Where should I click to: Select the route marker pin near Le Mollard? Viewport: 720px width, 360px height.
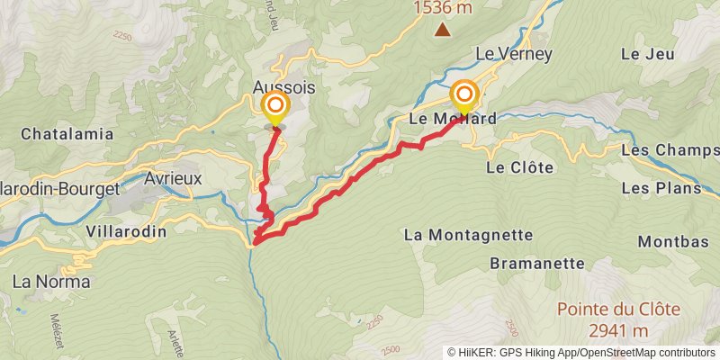[464, 95]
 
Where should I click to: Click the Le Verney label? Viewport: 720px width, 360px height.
[513, 54]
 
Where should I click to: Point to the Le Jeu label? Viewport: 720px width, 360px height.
[647, 54]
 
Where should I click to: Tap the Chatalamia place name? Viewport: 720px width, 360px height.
[67, 134]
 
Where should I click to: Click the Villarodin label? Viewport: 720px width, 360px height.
[126, 231]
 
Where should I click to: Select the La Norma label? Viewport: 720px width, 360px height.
[51, 282]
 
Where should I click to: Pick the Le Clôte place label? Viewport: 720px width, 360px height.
[518, 167]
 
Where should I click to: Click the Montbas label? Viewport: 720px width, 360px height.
[668, 242]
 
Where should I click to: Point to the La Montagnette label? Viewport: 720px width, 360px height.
[468, 235]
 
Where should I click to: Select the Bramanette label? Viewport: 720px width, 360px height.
[537, 264]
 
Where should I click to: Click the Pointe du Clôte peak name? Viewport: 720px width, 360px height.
[618, 309]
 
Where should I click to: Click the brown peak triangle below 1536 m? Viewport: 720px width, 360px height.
[443, 30]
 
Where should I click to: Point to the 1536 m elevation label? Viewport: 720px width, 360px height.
[443, 8]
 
